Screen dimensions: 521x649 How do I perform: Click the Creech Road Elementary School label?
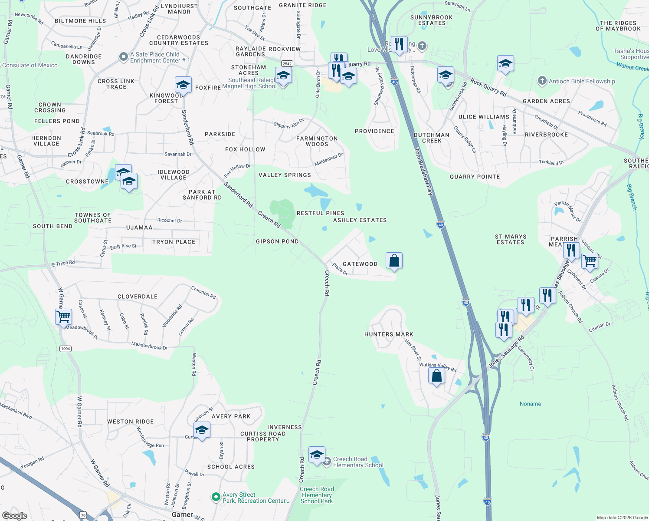click(x=358, y=462)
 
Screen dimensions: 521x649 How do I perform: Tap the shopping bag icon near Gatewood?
click(x=394, y=261)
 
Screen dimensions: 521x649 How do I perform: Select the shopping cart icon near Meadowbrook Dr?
click(x=64, y=317)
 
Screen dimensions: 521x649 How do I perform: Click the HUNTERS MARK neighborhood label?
click(x=389, y=334)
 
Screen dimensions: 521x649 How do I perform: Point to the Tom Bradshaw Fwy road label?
click(x=423, y=171)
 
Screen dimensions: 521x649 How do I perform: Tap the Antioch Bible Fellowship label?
click(x=581, y=81)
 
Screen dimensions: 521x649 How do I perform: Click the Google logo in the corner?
click(x=14, y=515)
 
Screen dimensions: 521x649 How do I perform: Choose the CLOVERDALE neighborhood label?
click(x=138, y=297)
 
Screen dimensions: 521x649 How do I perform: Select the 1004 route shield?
click(x=66, y=349)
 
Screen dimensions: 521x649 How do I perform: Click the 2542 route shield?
click(x=287, y=64)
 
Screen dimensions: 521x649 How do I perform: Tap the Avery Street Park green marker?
click(x=216, y=497)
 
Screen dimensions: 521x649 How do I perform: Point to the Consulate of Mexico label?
click(x=30, y=65)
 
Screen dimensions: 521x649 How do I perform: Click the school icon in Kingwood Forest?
click(x=183, y=85)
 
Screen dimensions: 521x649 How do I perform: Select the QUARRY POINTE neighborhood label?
click(x=475, y=177)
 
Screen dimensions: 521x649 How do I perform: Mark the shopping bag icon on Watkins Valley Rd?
click(x=436, y=376)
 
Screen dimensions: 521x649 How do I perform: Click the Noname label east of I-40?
click(x=530, y=404)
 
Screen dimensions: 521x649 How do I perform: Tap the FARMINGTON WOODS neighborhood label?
click(x=317, y=141)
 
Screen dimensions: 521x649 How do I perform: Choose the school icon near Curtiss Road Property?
click(x=202, y=430)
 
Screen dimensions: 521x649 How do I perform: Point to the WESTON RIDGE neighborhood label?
click(x=130, y=422)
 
